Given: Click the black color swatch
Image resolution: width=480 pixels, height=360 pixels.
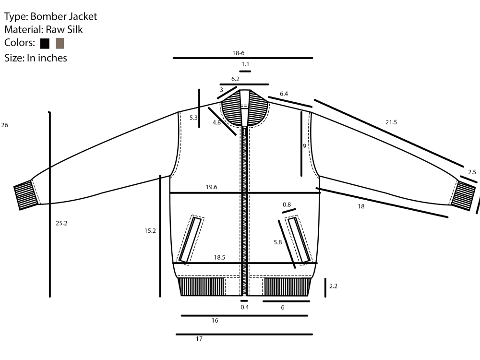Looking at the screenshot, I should pyautogui.click(x=45, y=44).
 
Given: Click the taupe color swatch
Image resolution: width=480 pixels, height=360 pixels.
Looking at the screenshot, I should pyautogui.click(x=60, y=43).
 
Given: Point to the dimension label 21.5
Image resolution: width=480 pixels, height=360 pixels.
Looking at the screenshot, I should pyautogui.click(x=391, y=122).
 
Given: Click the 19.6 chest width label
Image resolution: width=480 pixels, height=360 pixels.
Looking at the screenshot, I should pyautogui.click(x=212, y=187).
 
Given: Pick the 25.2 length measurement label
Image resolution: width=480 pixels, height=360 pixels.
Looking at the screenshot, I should pyautogui.click(x=61, y=223).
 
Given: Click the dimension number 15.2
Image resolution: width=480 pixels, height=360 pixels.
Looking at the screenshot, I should pyautogui.click(x=150, y=231).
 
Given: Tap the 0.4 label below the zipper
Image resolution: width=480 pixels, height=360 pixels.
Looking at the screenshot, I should pyautogui.click(x=245, y=307).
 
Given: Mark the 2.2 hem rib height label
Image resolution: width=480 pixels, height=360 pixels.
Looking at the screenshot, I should pyautogui.click(x=334, y=286).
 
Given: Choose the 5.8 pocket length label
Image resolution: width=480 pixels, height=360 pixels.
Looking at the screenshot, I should pyautogui.click(x=278, y=242).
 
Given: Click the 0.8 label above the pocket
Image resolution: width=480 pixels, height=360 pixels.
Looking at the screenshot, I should pyautogui.click(x=287, y=204).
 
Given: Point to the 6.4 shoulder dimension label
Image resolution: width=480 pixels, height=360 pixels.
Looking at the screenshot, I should pyautogui.click(x=284, y=94).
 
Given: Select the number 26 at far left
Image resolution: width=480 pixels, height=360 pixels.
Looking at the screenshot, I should pyautogui.click(x=4, y=125).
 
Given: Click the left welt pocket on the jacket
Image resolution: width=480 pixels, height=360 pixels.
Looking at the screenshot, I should pyautogui.click(x=190, y=239).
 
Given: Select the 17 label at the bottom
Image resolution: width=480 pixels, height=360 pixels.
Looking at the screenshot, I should pyautogui.click(x=199, y=339).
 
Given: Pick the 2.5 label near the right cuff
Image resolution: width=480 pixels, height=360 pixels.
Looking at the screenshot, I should pyautogui.click(x=472, y=172).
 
